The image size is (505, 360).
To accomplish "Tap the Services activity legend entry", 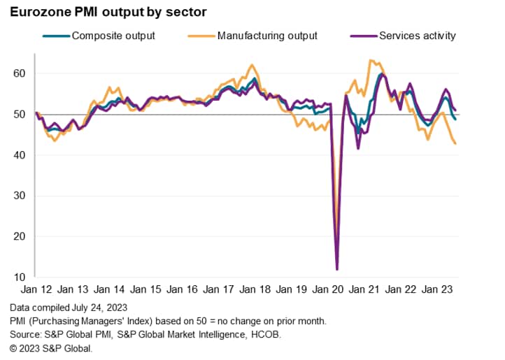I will tap(417, 35).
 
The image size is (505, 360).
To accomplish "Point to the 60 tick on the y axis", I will tap(20, 73).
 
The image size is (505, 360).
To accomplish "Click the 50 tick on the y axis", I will tap(20, 114).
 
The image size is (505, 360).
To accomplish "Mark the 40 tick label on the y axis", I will tap(20, 155).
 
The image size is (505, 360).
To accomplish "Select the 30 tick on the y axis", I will tap(20, 196).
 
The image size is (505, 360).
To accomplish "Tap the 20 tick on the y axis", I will tap(20, 236).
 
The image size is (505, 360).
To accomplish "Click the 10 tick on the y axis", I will tap(20, 278).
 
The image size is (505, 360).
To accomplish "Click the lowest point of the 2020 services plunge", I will tap(337, 269).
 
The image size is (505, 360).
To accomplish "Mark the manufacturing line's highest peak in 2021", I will tap(370, 61).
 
